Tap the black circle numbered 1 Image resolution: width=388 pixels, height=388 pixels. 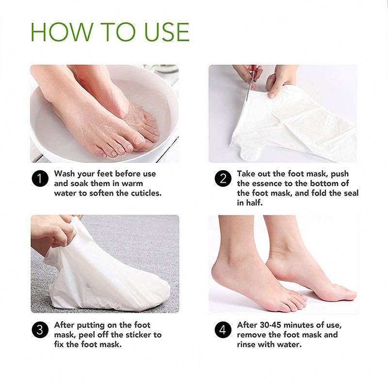pos(40,178)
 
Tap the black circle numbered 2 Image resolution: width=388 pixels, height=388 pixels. pos(223,178)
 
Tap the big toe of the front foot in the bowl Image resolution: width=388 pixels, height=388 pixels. pos(140,140)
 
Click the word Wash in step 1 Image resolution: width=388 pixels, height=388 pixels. pos(65,174)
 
